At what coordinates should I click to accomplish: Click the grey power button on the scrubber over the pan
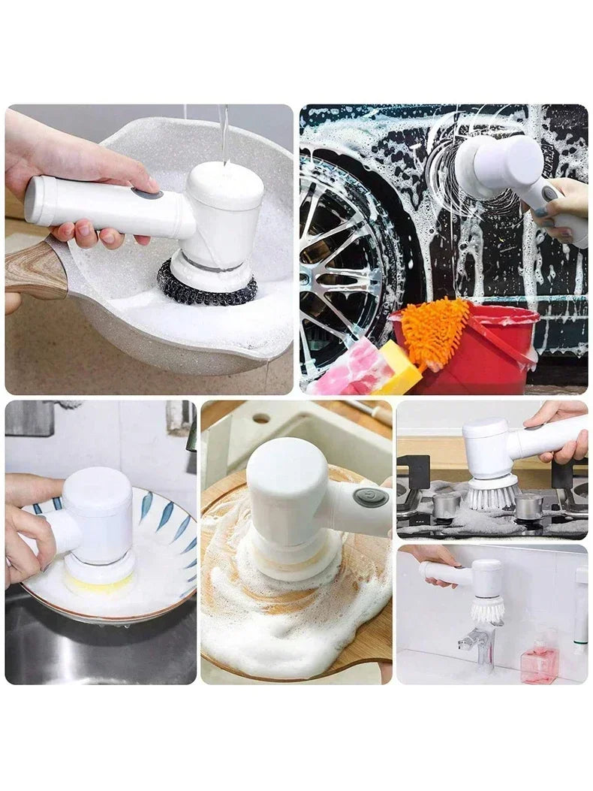click(146, 193)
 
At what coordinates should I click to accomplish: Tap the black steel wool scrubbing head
click(206, 288)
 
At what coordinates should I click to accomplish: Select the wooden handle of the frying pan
click(34, 270)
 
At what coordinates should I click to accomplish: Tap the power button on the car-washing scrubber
click(550, 194)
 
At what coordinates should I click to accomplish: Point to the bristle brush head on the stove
click(492, 495)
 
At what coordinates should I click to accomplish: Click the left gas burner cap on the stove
click(446, 506)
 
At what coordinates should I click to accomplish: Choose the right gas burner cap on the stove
click(528, 506)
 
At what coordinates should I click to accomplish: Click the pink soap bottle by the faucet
click(539, 661)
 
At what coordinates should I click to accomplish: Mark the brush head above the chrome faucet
click(488, 609)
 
